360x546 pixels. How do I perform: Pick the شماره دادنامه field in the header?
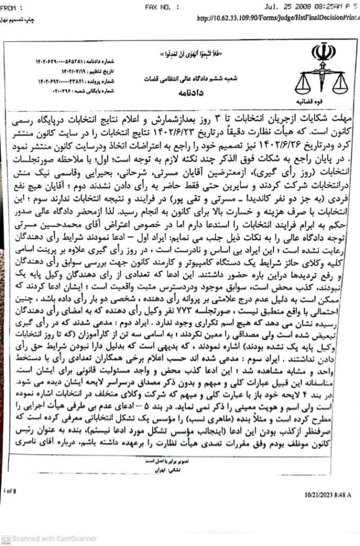[x=64, y=60]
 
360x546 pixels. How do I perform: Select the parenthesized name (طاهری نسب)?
[x=222, y=417]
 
